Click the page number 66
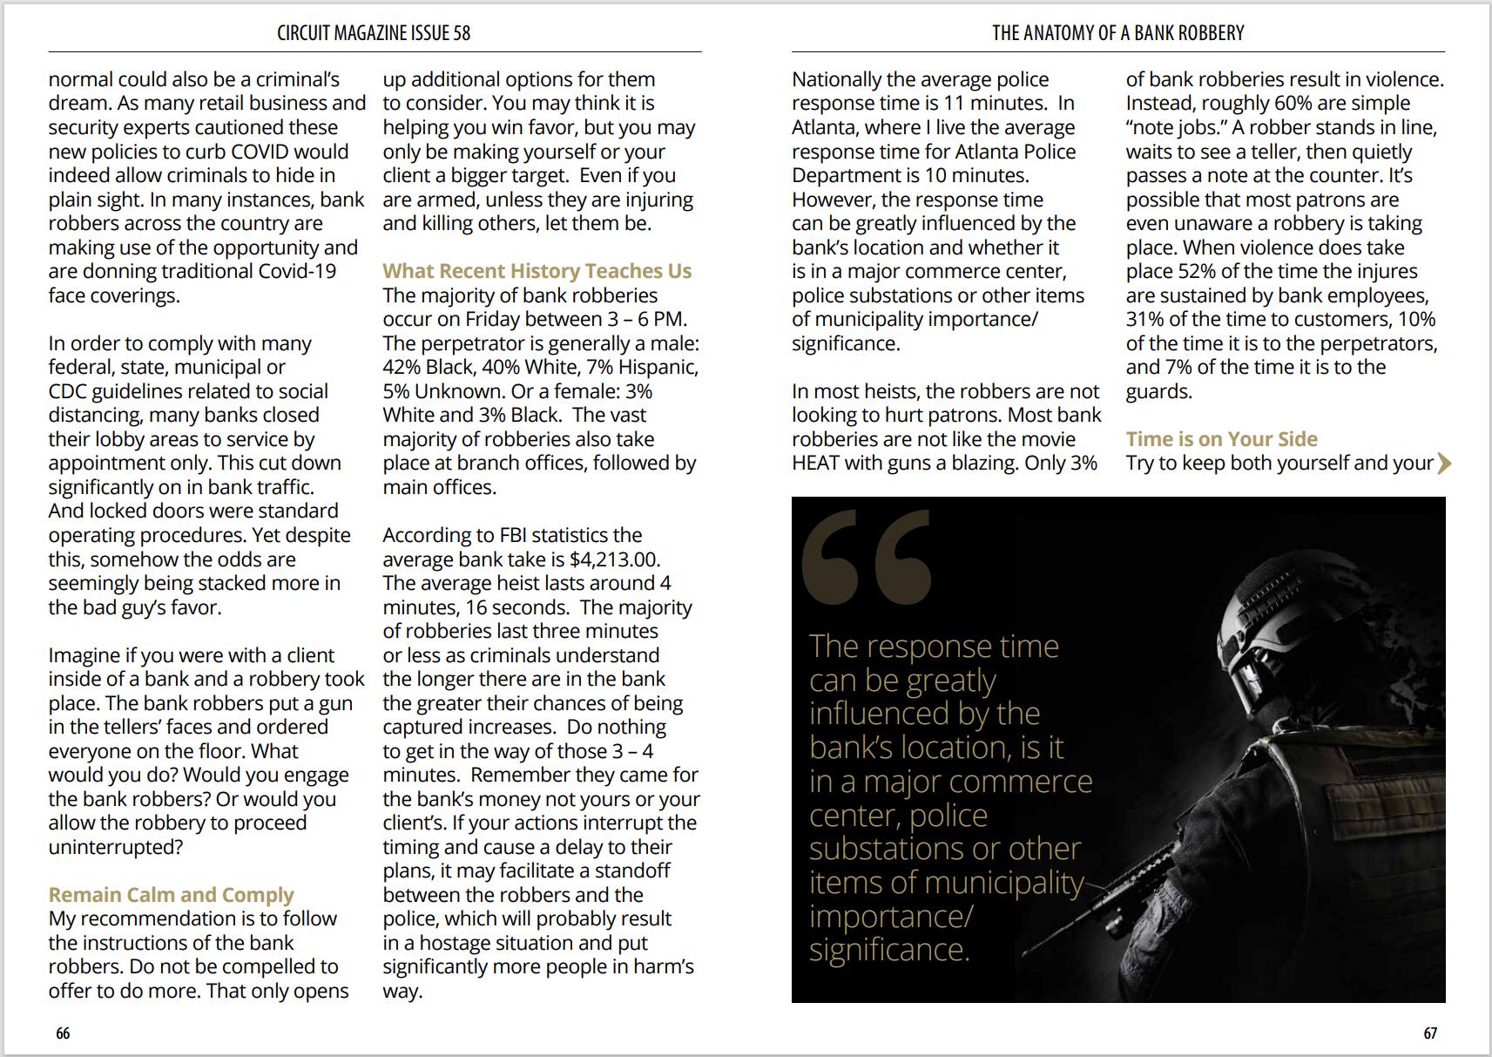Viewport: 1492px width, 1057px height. pos(63,1033)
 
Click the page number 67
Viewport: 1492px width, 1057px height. pos(1430,1033)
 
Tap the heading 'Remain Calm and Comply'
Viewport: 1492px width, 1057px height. pos(171,895)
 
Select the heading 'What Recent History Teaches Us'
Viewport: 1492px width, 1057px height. pos(537,271)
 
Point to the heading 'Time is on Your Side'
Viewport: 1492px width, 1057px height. pos(1221,439)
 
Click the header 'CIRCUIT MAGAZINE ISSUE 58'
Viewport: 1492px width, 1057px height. pos(374,33)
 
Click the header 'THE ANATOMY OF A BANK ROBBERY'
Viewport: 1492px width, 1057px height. pos(1117,33)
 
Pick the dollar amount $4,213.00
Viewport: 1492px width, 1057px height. pos(614,559)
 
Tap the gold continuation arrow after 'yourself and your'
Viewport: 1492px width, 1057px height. pos(1444,463)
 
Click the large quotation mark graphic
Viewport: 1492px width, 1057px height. pos(866,558)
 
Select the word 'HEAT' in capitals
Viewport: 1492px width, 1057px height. pos(815,463)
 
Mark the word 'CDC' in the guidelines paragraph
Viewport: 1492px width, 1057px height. pos(67,391)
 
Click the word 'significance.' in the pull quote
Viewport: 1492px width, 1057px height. pos(889,949)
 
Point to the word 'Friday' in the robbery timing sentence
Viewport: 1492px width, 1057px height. pos(496,319)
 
